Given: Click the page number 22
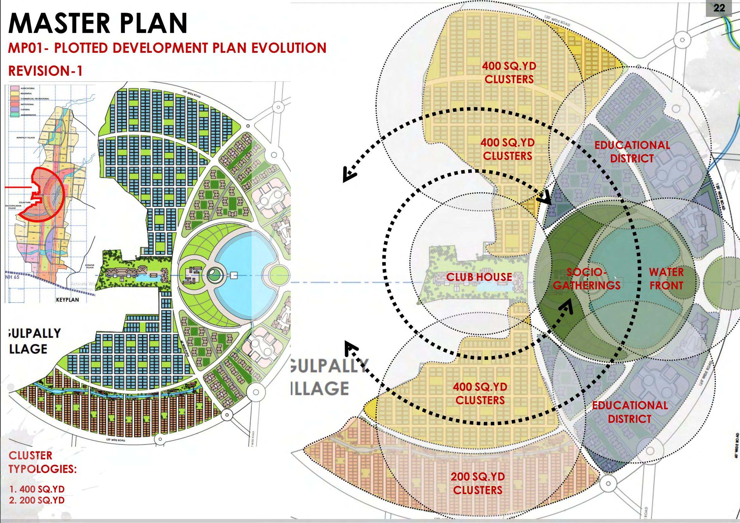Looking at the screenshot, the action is pyautogui.click(x=719, y=8).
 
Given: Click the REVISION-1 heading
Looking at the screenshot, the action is pyautogui.click(x=46, y=71).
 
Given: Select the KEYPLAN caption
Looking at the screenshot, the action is pyautogui.click(x=67, y=299).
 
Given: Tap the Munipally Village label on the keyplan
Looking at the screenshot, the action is pyautogui.click(x=26, y=138).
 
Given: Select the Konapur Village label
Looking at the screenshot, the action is pyautogui.click(x=89, y=266).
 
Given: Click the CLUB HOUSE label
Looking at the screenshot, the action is pyautogui.click(x=479, y=277).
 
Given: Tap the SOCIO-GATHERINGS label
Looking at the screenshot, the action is pyautogui.click(x=587, y=279).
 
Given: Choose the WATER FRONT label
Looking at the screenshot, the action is pyautogui.click(x=666, y=279).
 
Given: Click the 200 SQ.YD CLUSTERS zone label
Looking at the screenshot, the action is pyautogui.click(x=478, y=483).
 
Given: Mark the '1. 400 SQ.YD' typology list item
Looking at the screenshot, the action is pyautogui.click(x=37, y=489).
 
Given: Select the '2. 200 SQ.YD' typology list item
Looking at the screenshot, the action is pyautogui.click(x=37, y=500).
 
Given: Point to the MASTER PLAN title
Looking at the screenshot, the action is pyautogui.click(x=98, y=23).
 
